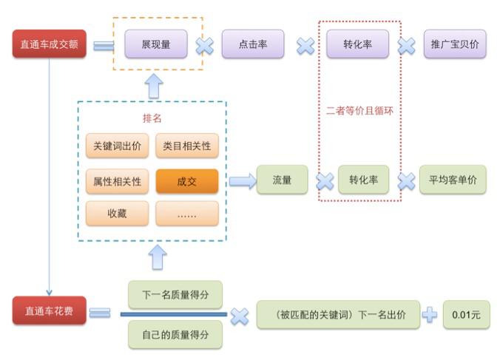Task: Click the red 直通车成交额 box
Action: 50,44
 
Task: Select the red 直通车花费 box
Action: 50,310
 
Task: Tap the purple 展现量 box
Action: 155,44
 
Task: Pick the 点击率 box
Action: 253,44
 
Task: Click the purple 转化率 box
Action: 358,44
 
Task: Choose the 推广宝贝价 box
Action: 455,44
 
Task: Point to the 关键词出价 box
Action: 118,146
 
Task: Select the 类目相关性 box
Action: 187,146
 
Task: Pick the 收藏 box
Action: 118,214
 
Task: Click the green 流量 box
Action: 282,180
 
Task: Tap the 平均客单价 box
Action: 453,180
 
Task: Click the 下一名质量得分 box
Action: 175,294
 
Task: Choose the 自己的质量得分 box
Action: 175,334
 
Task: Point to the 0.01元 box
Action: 466,314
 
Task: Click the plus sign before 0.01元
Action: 430,314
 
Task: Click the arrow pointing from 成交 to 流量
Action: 240,180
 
